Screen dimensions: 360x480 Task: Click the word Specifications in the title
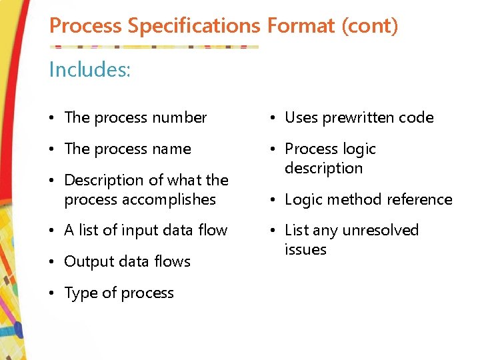195,27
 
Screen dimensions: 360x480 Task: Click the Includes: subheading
90,69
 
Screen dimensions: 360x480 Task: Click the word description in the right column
323,169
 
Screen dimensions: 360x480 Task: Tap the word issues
305,250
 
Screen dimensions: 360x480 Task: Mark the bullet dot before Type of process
53,294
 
